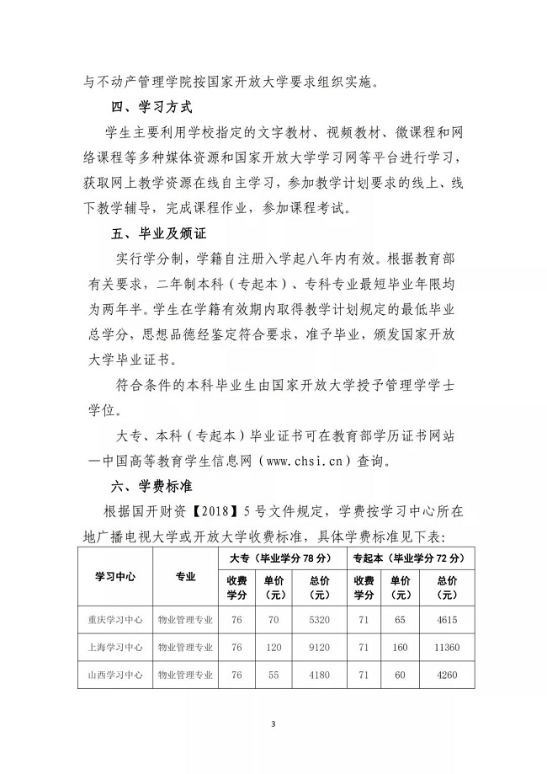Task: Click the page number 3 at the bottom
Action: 273,723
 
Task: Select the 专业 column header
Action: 185,577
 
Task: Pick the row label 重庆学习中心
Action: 115,619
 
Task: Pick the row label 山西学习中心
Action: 115,675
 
